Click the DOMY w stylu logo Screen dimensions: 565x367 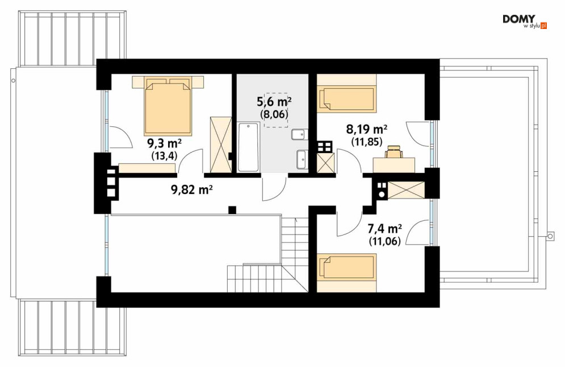pos(525,22)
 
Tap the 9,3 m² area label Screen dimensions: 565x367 pos(164,143)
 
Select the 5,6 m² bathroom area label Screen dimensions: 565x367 pos(274,101)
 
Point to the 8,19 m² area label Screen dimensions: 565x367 pos(367,129)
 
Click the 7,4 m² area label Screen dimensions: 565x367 pos(384,229)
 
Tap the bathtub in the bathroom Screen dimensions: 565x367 pos(248,147)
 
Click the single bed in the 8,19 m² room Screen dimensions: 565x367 pos(346,93)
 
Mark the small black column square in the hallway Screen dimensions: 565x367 pos(232,209)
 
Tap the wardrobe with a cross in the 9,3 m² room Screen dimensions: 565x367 pos(220,145)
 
